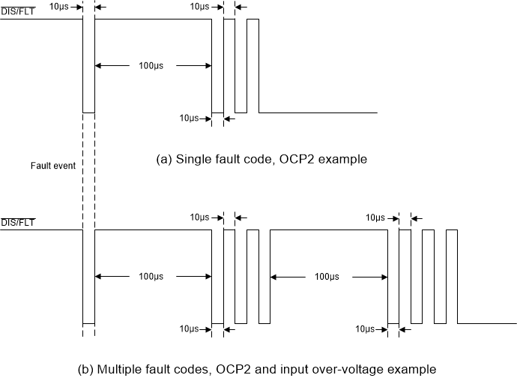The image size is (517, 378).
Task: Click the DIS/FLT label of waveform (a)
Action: (x=17, y=10)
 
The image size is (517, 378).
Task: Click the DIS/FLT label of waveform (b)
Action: (x=17, y=222)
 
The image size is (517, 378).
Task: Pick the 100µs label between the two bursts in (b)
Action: (x=328, y=277)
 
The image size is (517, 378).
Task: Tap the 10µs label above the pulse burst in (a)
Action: (x=199, y=6)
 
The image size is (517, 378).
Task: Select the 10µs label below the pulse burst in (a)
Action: (x=189, y=118)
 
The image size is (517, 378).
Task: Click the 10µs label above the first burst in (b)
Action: (x=199, y=217)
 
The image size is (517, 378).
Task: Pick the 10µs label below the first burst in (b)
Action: (x=189, y=329)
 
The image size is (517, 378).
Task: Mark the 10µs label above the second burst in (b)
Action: (x=375, y=217)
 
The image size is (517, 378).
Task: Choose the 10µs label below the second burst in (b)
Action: (x=366, y=329)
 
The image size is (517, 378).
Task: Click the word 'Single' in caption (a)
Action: (x=193, y=160)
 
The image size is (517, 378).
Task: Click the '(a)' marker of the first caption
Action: (x=164, y=160)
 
